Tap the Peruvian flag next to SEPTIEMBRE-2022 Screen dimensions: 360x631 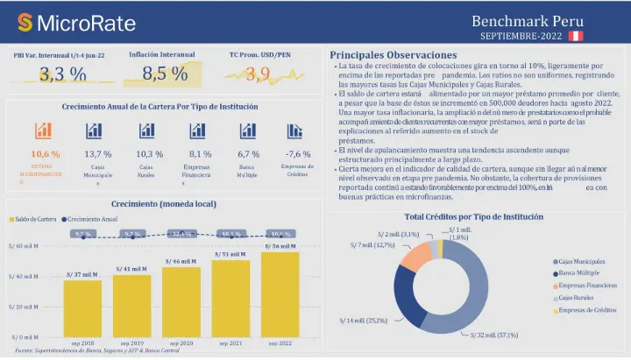pyautogui.click(x=576, y=36)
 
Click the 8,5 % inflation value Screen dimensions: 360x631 pyautogui.click(x=165, y=74)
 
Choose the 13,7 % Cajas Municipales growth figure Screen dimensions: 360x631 pyautogui.click(x=98, y=154)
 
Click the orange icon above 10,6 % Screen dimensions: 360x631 pyautogui.click(x=44, y=131)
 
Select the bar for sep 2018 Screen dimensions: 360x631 pyautogui.click(x=82, y=307)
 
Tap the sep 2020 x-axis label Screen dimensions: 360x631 pyautogui.click(x=181, y=342)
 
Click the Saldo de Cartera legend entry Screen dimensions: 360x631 pyautogui.click(x=34, y=218)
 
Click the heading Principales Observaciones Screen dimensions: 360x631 pyautogui.click(x=393, y=54)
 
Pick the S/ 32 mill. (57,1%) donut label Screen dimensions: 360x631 pyautogui.click(x=499, y=335)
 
